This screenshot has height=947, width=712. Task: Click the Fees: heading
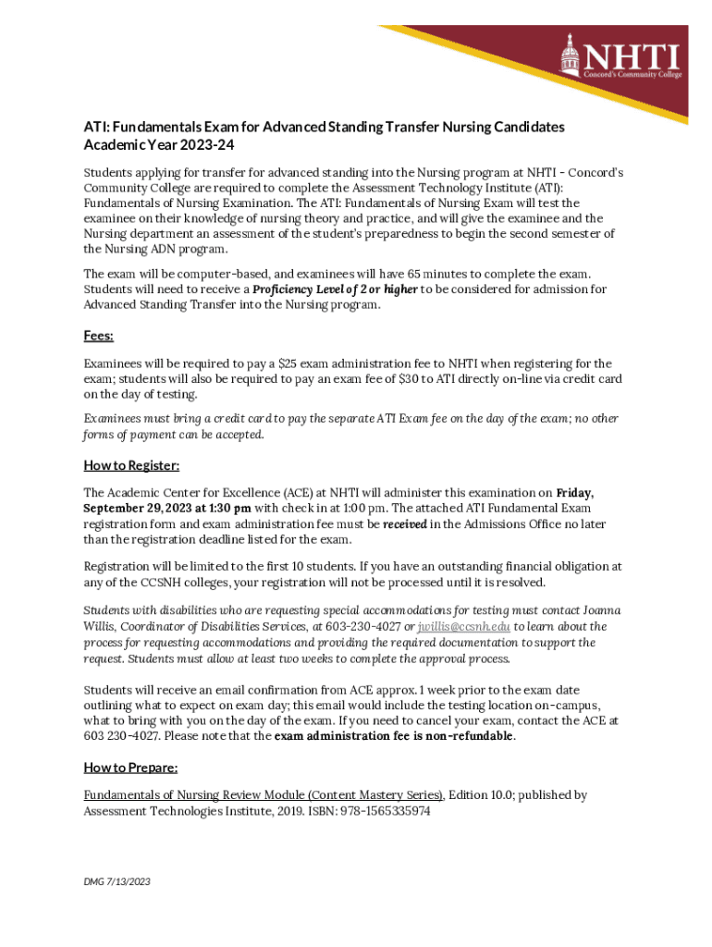[98, 338]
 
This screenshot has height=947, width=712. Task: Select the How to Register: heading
[131, 465]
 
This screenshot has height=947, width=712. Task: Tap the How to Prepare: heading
[130, 768]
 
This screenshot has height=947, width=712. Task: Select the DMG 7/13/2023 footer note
[117, 881]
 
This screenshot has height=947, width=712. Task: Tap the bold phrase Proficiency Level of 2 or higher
[335, 290]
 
